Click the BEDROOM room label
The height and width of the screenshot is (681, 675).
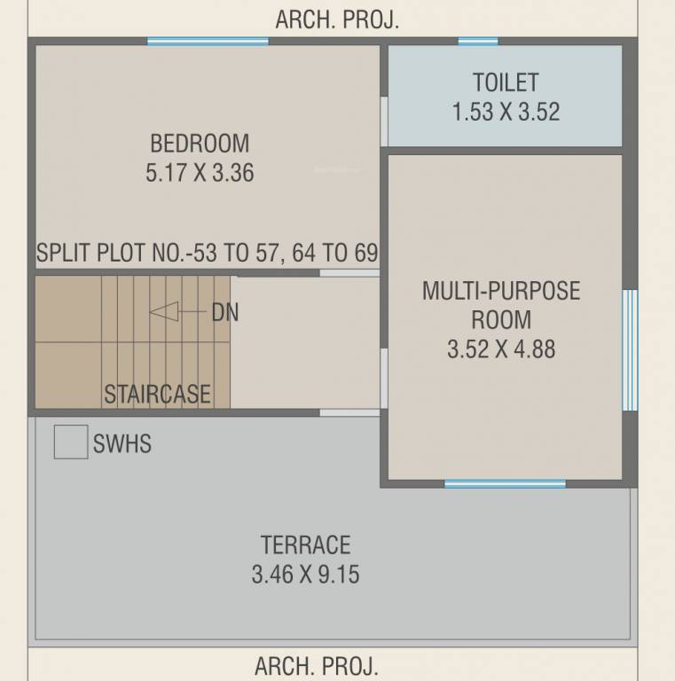200,143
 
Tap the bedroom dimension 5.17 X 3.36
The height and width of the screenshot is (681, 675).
200,172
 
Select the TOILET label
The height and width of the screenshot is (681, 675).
505,82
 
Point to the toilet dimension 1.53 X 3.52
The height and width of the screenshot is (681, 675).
505,113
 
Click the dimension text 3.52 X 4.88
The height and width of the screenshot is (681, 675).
501,348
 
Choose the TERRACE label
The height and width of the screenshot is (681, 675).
305,544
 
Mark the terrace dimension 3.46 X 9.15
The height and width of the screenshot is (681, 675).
305,575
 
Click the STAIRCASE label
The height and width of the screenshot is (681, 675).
158,394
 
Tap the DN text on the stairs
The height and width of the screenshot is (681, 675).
224,313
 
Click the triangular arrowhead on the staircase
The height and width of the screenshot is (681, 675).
164,312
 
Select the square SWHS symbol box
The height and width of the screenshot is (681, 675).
70,442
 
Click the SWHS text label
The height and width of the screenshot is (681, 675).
122,443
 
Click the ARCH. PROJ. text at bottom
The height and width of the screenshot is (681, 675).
317,665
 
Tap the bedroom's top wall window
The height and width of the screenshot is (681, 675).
208,41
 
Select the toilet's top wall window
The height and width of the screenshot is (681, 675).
478,41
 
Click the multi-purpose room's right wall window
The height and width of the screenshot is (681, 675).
630,349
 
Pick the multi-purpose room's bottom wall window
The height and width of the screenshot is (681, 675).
505,483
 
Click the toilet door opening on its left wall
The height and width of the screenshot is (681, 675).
384,121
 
